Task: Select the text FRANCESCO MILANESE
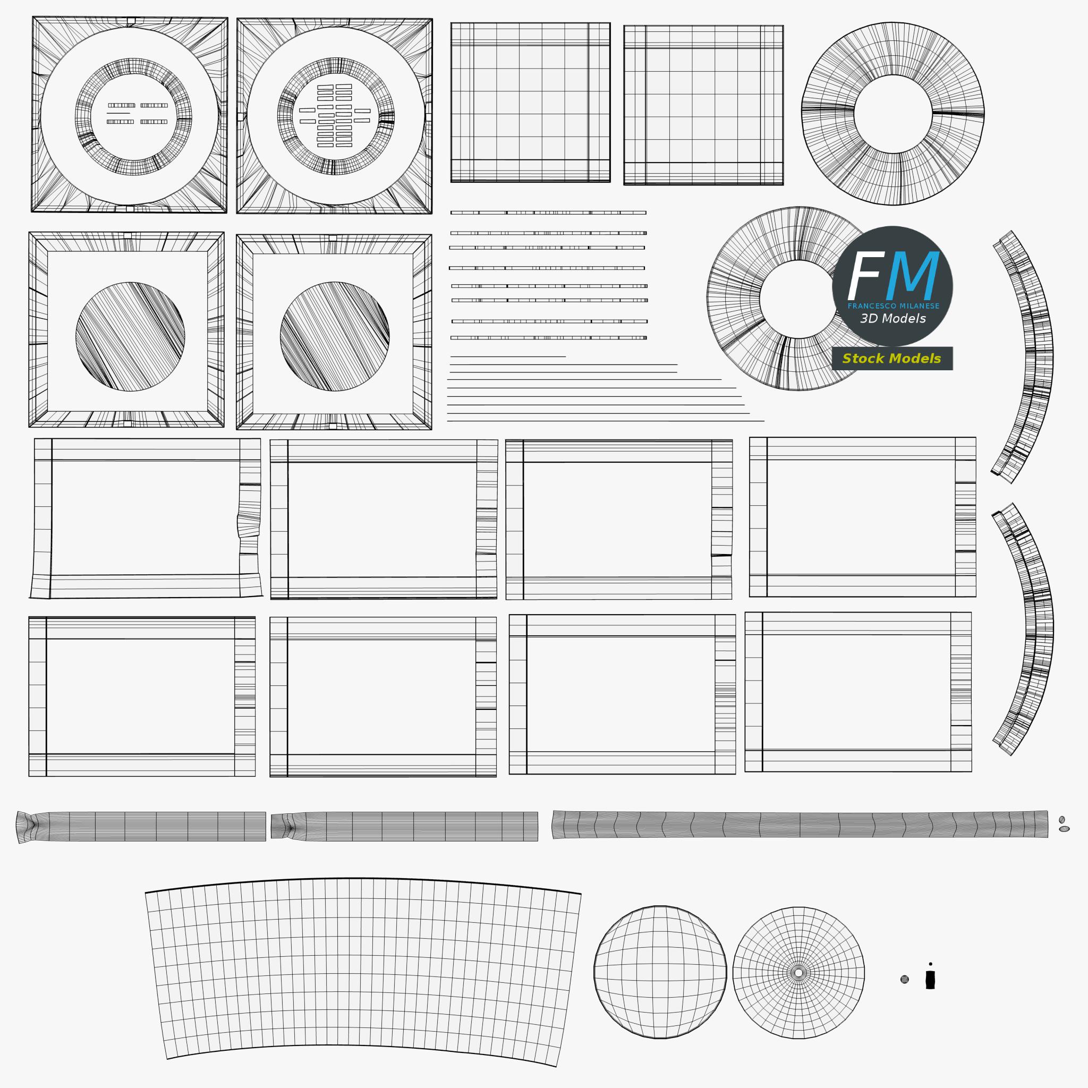893,306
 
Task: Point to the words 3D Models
892,318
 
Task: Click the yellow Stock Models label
891,358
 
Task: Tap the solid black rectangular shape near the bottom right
930,979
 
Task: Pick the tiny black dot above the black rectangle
930,964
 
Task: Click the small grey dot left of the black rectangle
904,979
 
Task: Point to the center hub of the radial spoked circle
798,973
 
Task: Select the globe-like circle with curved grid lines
660,972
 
